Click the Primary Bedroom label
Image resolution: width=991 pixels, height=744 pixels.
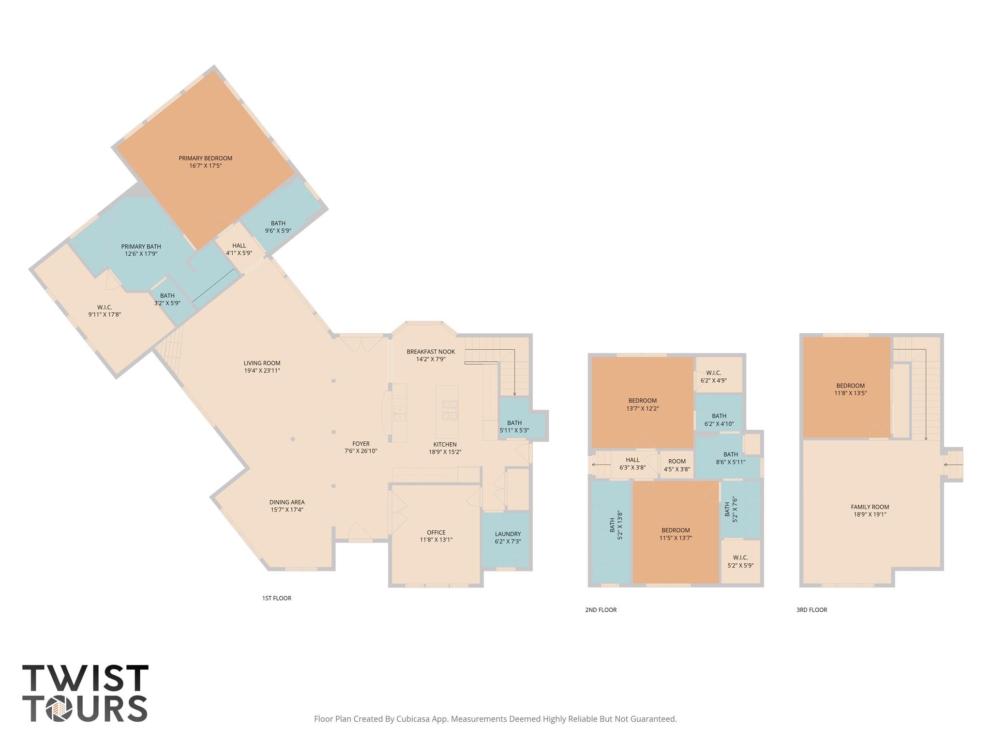tap(205, 158)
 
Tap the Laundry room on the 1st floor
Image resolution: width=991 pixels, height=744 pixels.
tap(508, 538)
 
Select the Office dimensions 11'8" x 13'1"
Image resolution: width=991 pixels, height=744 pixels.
tap(436, 540)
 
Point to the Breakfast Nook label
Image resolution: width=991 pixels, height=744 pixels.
tap(431, 352)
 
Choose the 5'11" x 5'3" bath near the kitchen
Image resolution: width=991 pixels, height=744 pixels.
tap(514, 427)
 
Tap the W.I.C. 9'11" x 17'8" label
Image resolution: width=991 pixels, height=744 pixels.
tap(105, 311)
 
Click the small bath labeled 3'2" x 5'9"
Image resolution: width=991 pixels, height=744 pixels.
tap(167, 299)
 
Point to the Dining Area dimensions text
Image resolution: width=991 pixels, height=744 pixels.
tap(287, 510)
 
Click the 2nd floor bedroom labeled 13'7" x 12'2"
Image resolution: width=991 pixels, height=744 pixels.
tap(642, 404)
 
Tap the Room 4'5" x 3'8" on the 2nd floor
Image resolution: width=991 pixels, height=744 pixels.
tap(677, 465)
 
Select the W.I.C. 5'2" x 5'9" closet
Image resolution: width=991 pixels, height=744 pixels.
tap(740, 561)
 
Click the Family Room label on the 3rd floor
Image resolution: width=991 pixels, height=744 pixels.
tap(870, 507)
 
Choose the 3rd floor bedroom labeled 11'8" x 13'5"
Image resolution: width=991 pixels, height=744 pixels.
tap(850, 389)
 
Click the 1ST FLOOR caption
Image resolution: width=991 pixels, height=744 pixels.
tap(277, 598)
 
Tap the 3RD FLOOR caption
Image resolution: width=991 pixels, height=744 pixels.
tap(811, 610)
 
